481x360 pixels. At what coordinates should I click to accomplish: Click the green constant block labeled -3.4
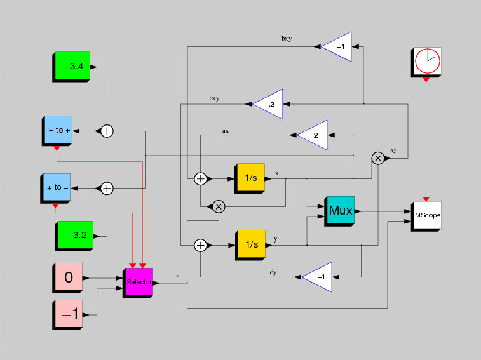point(71,67)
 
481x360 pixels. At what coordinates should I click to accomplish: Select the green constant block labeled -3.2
point(74,236)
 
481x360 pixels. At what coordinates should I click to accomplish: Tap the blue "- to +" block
point(57,131)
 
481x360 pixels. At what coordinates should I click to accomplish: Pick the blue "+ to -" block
point(55,189)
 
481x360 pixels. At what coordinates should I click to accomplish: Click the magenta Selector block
point(138,283)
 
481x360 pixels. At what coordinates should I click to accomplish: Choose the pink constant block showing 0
point(67,278)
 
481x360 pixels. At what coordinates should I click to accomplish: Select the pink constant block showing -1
point(67,315)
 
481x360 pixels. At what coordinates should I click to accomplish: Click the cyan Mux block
point(339,211)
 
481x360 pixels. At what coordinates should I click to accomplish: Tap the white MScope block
point(426,216)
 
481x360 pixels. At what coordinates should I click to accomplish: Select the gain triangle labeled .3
point(268,104)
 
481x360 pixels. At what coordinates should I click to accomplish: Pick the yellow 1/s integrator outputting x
point(250,178)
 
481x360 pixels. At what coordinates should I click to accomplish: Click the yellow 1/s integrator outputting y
point(250,245)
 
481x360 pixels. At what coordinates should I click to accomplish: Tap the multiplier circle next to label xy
point(378,158)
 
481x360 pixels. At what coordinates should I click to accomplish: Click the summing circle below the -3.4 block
point(107,131)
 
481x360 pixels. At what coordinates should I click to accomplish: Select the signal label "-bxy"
point(285,39)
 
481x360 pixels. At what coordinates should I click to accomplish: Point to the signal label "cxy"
point(214,98)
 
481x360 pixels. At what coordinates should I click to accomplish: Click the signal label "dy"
point(273,272)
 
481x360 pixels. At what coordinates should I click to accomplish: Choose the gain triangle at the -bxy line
point(337,46)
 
